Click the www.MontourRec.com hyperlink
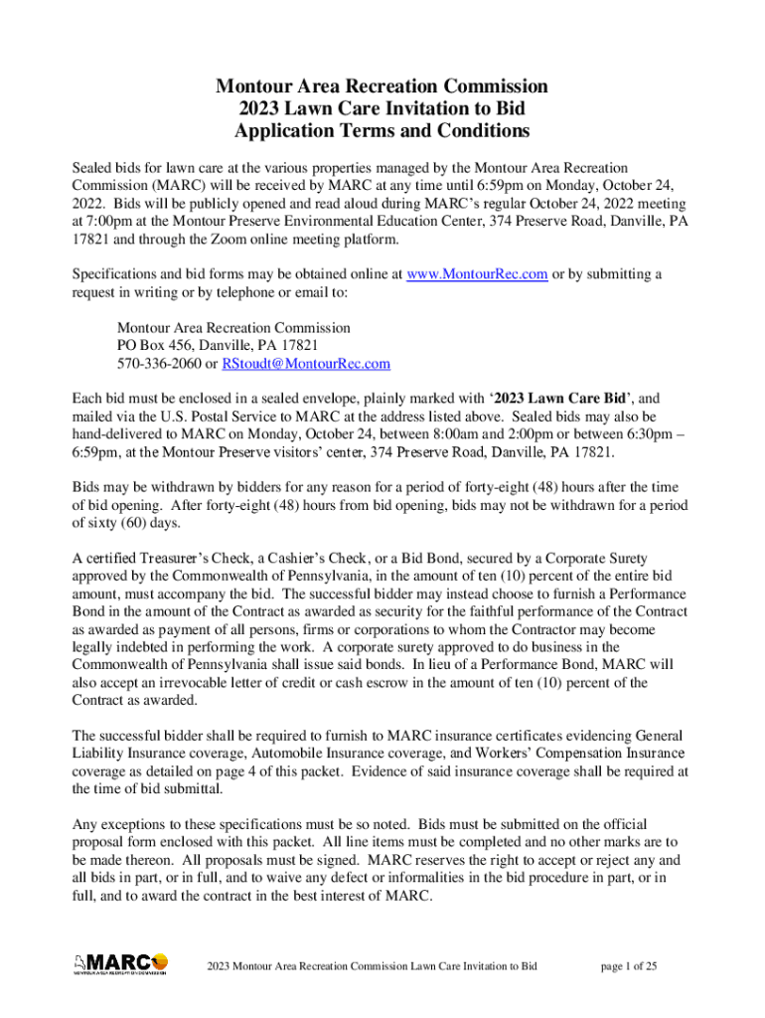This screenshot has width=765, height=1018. pyautogui.click(x=477, y=274)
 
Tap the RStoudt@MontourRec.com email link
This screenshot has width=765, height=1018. pyautogui.click(x=305, y=364)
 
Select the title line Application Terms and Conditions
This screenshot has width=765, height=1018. pyautogui.click(x=382, y=130)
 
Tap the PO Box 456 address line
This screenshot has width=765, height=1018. pyautogui.click(x=218, y=345)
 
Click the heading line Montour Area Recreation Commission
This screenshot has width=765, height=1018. pyautogui.click(x=382, y=86)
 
